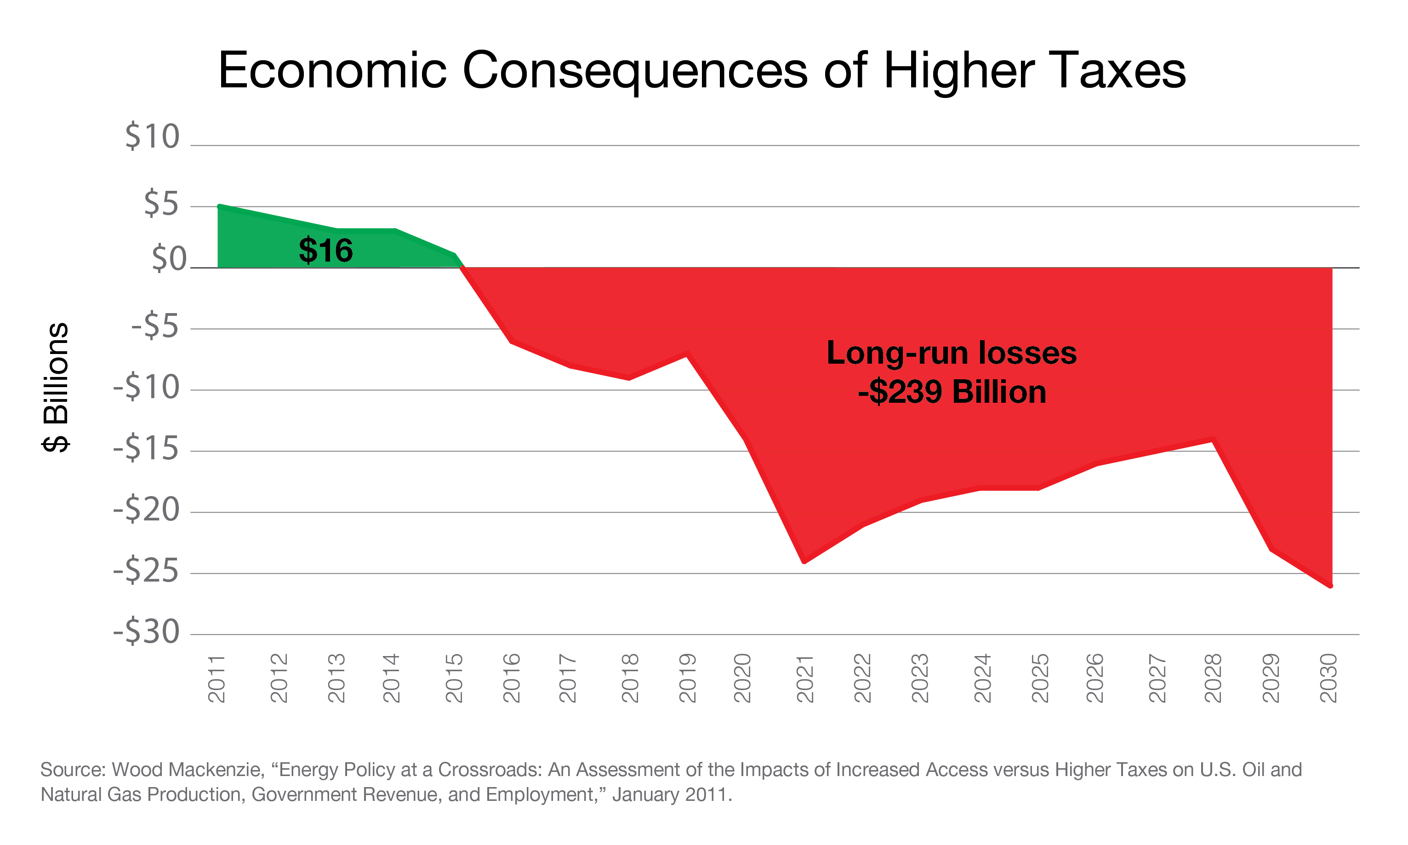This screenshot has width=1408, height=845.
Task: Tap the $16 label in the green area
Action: point(325,251)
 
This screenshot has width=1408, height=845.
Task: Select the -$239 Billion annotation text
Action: point(952,392)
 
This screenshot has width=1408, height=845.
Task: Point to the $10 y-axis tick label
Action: point(152,137)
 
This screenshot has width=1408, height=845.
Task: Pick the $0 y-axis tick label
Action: point(169,259)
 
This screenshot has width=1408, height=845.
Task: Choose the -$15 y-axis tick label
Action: point(146,448)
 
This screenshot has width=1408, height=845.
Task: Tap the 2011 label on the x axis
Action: point(217,678)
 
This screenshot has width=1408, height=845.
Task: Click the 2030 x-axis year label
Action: point(1328,678)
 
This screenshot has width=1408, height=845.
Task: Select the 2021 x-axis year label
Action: point(804,678)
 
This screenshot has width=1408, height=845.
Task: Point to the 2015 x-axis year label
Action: point(454,678)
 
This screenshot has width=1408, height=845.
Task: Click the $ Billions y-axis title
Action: point(56,387)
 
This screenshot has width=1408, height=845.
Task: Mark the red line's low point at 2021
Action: point(804,562)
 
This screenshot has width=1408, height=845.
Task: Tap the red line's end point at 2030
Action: point(1331,586)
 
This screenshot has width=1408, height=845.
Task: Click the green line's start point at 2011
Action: point(219,206)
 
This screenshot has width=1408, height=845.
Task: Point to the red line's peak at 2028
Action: point(1213,439)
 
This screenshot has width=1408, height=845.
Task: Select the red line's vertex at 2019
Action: point(687,355)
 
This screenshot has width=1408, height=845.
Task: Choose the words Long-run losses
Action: point(952,353)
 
